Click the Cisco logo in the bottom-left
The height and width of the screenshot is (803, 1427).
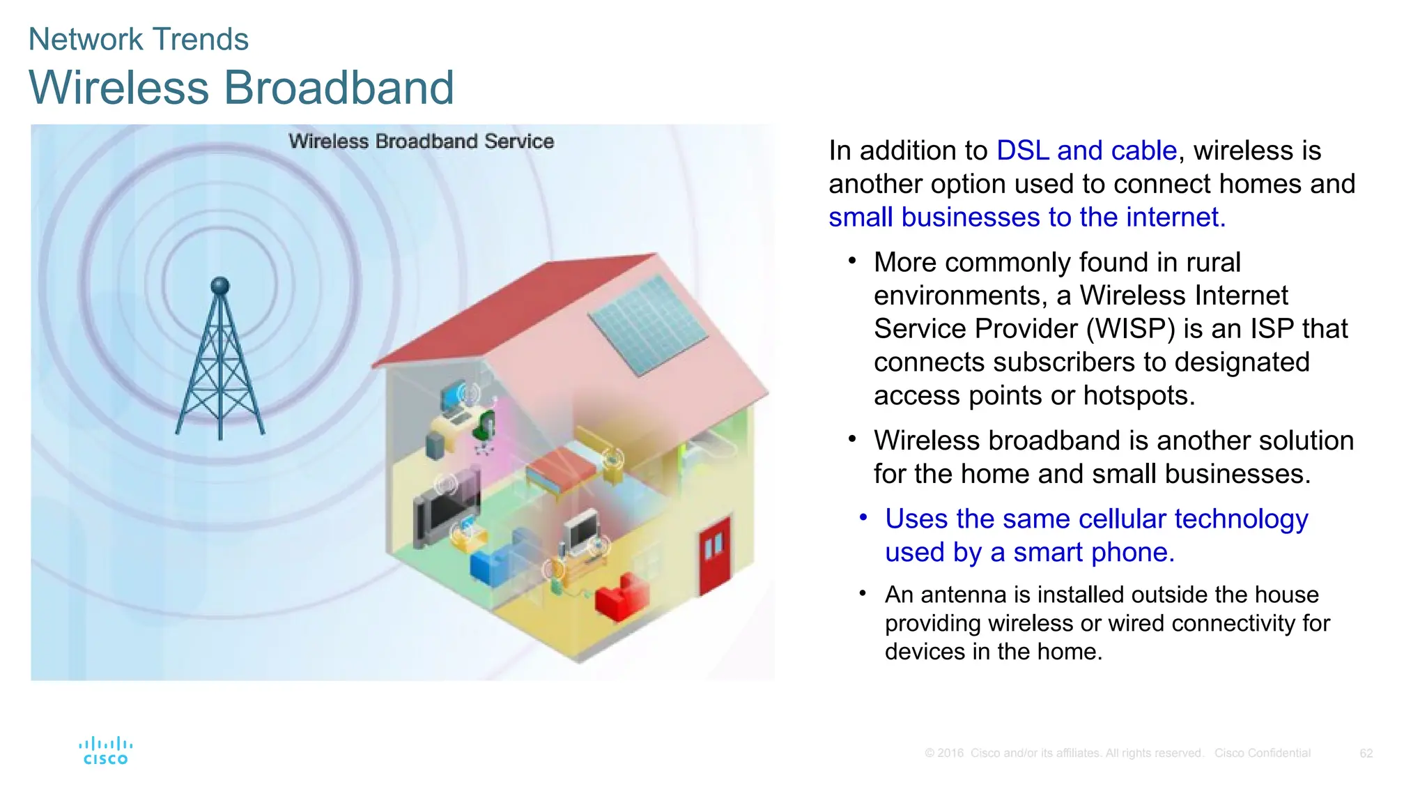[106, 751]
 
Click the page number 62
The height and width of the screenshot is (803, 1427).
[1366, 754]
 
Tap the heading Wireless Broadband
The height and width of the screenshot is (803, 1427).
[241, 88]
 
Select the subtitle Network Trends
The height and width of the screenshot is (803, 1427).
[138, 39]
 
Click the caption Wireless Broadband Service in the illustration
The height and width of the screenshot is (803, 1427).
[421, 142]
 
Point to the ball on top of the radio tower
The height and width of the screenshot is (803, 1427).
[220, 285]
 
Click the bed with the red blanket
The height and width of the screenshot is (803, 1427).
[562, 469]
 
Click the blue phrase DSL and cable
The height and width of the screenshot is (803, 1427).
[1086, 151]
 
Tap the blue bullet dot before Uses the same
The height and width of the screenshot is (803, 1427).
[863, 517]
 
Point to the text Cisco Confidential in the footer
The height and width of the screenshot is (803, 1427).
[1262, 754]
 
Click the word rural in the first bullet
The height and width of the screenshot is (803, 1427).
[1213, 263]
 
